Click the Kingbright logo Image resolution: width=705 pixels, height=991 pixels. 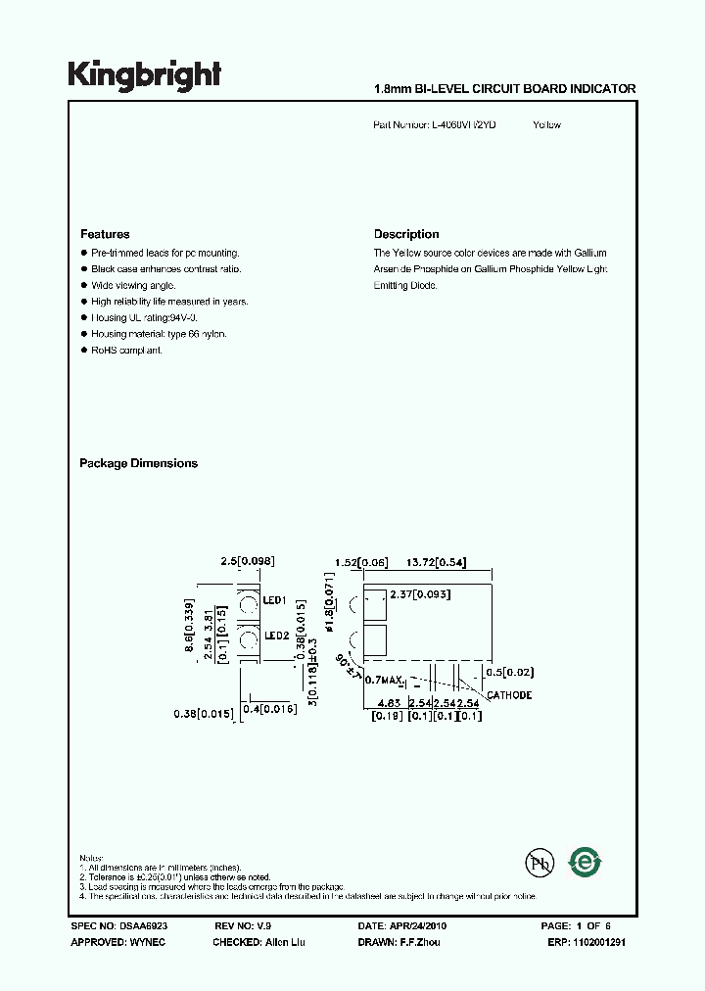point(144,75)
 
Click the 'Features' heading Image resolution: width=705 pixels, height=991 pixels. point(105,235)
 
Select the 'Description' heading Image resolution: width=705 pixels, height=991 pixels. point(406,235)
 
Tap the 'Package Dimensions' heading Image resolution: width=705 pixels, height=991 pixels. point(138,464)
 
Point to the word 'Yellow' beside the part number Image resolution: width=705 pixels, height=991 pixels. point(546,125)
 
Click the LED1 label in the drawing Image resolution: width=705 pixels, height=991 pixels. point(274,600)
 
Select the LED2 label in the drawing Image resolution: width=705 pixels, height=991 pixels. point(274,636)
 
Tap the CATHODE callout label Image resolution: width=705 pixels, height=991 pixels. point(509,695)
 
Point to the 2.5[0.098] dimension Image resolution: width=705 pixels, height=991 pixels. point(247,561)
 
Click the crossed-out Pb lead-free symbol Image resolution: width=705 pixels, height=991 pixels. point(540,863)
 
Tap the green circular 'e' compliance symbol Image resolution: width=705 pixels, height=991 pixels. point(587,863)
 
